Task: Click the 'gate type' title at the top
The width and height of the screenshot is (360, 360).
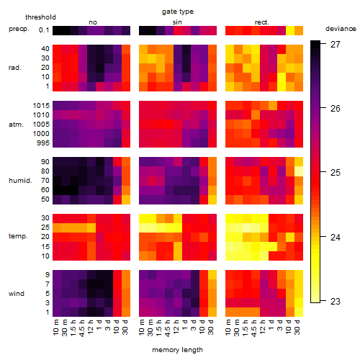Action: (x=178, y=12)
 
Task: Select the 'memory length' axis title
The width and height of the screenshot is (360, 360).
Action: (x=177, y=350)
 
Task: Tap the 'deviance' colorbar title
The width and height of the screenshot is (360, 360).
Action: (x=341, y=29)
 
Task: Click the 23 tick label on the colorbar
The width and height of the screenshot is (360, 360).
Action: (x=336, y=302)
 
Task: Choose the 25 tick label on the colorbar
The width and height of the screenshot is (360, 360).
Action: (x=336, y=173)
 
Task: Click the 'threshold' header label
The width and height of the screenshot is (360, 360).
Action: (x=40, y=17)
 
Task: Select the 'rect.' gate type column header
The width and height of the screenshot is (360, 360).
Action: (x=262, y=22)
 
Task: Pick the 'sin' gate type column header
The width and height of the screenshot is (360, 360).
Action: (x=177, y=22)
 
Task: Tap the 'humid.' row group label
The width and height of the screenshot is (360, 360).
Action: (x=20, y=181)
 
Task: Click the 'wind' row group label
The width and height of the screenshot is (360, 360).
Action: (x=17, y=294)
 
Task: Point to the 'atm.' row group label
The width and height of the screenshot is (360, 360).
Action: (x=16, y=125)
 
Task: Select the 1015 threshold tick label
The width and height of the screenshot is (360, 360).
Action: (x=41, y=106)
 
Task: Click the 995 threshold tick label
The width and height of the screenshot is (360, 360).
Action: (x=43, y=143)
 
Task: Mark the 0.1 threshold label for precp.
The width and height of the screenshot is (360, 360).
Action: (x=44, y=30)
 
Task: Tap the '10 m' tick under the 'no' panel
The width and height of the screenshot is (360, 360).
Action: (x=56, y=328)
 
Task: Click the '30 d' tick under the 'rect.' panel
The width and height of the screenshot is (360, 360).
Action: (x=297, y=328)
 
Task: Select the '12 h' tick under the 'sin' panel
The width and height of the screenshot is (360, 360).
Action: (x=176, y=327)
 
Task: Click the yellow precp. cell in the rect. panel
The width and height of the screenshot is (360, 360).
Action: (x=290, y=30)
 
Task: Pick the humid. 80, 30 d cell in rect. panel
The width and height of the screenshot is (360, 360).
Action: (x=299, y=171)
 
